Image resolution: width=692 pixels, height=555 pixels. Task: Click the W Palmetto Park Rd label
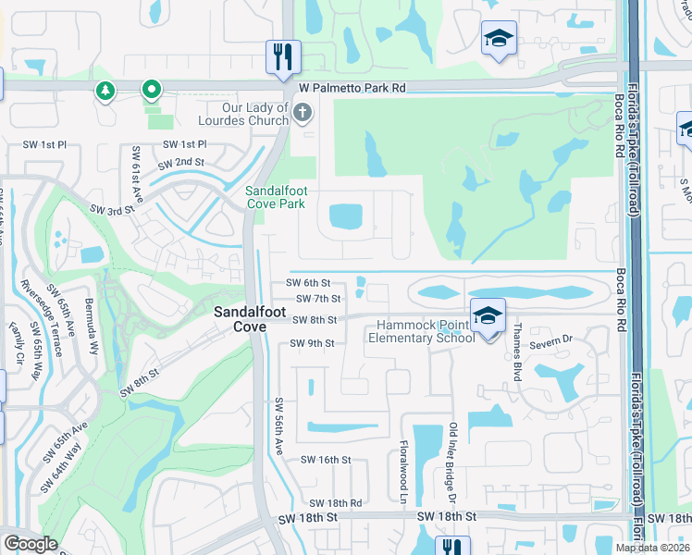pyautogui.click(x=352, y=88)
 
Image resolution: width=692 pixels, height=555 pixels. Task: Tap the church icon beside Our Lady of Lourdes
pyautogui.click(x=302, y=114)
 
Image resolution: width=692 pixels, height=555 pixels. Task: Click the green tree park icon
pyautogui.click(x=105, y=91)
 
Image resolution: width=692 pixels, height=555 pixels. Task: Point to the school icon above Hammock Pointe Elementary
pyautogui.click(x=488, y=315)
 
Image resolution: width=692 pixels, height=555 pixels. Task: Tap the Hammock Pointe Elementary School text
pyautogui.click(x=425, y=331)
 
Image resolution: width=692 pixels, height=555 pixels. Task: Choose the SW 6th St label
pyautogui.click(x=307, y=283)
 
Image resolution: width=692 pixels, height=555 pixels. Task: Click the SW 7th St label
pyautogui.click(x=319, y=299)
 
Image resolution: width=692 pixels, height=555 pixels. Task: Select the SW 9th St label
pyautogui.click(x=311, y=343)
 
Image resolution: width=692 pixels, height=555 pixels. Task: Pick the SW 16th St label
pyautogui.click(x=326, y=460)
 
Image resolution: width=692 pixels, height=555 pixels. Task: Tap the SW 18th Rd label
pyautogui.click(x=337, y=503)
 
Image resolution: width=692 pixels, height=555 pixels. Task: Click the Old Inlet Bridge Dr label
pyautogui.click(x=453, y=456)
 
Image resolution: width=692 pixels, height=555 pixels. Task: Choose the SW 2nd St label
pyautogui.click(x=180, y=164)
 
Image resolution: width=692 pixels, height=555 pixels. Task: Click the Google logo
pyautogui.click(x=31, y=544)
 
